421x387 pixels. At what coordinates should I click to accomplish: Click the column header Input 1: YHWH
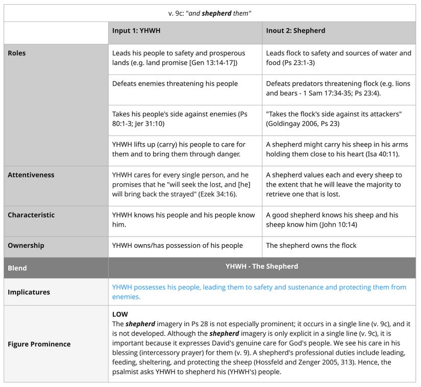point(136,31)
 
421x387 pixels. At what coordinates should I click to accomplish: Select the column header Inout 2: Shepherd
point(295,31)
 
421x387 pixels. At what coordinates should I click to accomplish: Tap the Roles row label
point(17,53)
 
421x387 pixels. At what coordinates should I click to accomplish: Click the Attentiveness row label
point(31,175)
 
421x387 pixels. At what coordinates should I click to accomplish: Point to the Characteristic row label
point(31,215)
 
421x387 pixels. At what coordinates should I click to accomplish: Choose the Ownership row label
point(26,246)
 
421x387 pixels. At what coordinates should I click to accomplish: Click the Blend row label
point(17,268)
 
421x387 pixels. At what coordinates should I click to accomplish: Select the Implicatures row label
point(29,292)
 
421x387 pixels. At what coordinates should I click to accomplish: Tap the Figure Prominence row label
point(39,344)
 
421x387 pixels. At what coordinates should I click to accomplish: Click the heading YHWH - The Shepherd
point(262,266)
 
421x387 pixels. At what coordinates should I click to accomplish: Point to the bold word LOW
point(120,314)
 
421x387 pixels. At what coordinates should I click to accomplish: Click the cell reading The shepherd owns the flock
point(311,246)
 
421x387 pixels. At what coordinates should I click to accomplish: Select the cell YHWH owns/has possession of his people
point(178,246)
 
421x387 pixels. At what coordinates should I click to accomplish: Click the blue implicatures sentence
point(259,292)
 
